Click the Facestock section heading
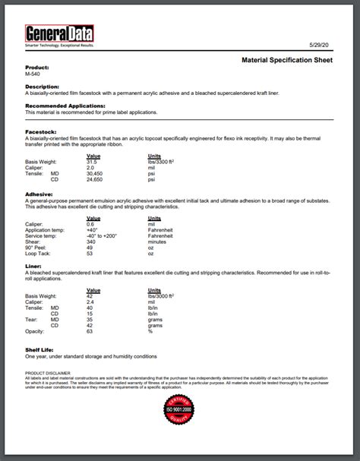[40, 131]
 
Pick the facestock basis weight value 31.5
[92, 162]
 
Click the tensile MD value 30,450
[95, 173]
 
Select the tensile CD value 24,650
[95, 179]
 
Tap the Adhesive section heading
[39, 194]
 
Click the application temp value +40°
[93, 229]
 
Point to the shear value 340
[90, 242]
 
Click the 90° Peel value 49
[90, 248]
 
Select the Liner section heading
[33, 266]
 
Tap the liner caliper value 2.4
[90, 302]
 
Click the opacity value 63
[90, 331]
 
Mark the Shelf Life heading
[40, 349]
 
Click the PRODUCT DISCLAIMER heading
[48, 374]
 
